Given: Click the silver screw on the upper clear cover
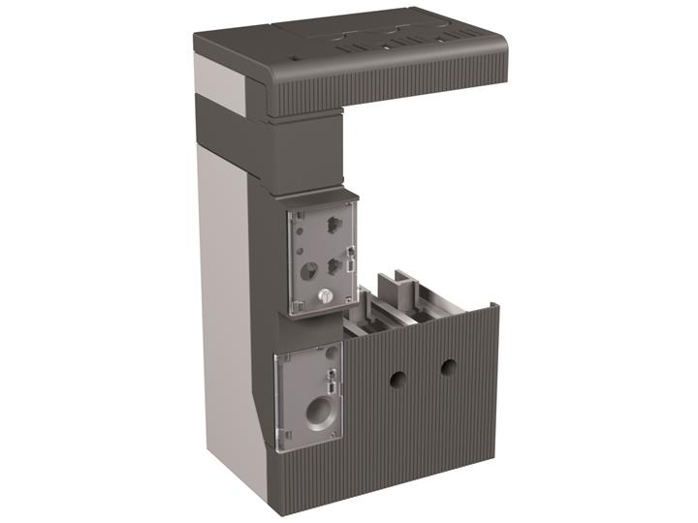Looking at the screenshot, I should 327,294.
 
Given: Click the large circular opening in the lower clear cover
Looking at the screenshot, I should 316,415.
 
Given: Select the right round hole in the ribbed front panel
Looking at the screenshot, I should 447,368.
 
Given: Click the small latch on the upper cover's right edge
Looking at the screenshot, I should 349,259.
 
